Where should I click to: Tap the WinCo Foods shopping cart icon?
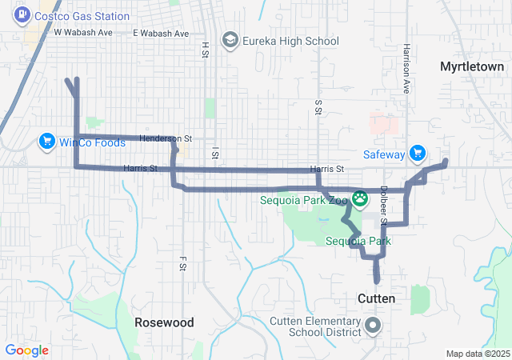point(46,142)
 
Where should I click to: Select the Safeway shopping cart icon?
point(416,152)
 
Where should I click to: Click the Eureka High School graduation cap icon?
point(230,41)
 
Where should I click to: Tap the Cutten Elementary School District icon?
point(373,326)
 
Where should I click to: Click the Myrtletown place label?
point(472,67)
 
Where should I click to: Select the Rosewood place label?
point(164,322)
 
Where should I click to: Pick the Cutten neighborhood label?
point(375,298)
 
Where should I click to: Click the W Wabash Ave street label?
point(84,33)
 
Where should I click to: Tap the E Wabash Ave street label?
point(161,34)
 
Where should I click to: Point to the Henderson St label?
point(166,138)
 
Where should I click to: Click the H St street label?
point(205,50)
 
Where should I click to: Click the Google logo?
point(27,350)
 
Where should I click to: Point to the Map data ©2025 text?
point(477,354)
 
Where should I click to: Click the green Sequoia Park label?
point(358,241)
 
